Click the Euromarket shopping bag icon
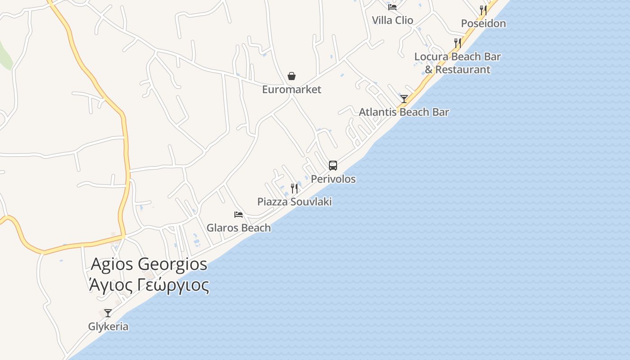[x=292, y=76]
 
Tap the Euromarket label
[x=292, y=90]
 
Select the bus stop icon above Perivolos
[x=333, y=165]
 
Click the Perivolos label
[x=333, y=179]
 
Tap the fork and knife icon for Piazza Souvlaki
[x=294, y=188]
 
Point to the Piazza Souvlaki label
[x=294, y=202]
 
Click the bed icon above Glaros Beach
[x=238, y=215]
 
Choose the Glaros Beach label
[x=238, y=228]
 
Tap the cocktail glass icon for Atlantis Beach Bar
[x=404, y=99]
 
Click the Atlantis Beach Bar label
[x=404, y=112]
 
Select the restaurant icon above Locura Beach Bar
[x=457, y=43]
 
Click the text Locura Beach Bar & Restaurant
[x=457, y=63]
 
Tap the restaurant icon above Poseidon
[x=483, y=10]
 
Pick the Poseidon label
[x=483, y=23]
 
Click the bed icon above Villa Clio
[x=392, y=7]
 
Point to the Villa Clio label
[x=392, y=20]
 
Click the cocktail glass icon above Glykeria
[x=108, y=313]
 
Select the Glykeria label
[x=108, y=327]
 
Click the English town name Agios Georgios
[x=149, y=264]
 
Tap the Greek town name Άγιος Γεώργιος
[x=149, y=285]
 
